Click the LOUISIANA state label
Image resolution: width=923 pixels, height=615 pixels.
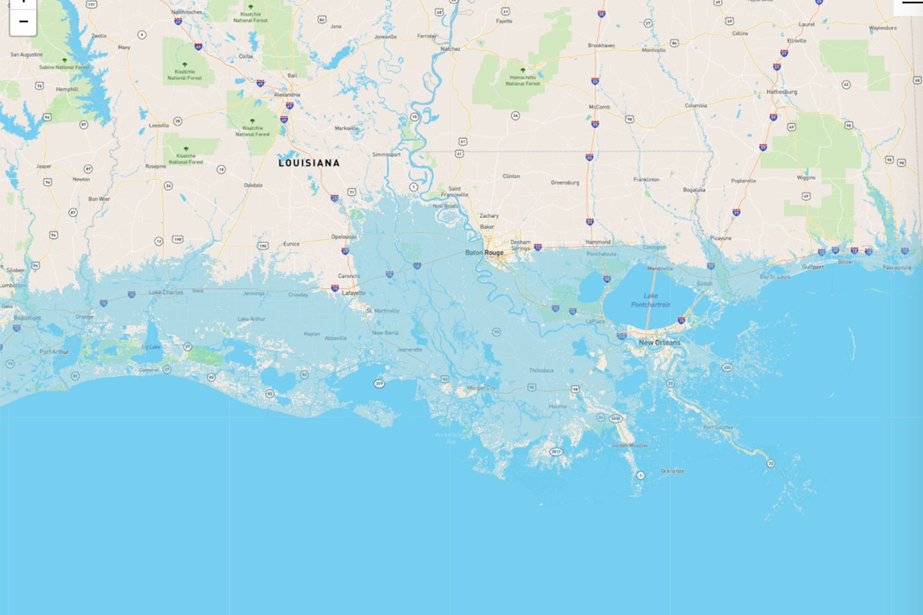tap(309, 163)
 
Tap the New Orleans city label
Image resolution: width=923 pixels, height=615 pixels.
tap(659, 343)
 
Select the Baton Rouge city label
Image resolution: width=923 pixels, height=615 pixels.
tap(485, 252)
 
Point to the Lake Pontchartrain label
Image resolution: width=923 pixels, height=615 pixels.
tap(651, 300)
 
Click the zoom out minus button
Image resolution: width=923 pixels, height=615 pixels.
tap(23, 22)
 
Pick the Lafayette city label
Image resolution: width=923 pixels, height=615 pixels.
tap(354, 293)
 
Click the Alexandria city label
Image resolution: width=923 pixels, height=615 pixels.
tap(287, 95)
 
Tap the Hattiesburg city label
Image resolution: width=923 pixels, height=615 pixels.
tap(781, 92)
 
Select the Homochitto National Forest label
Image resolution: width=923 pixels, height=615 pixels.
tap(522, 80)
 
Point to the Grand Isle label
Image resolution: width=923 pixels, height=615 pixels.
tap(672, 471)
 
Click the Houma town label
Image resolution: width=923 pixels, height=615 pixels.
tap(557, 406)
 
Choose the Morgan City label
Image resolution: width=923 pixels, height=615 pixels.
tap(481, 388)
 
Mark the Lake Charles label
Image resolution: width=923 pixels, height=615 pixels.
tap(166, 292)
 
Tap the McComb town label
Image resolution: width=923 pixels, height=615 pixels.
tap(599, 107)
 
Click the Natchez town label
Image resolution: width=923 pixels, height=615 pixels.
tap(450, 49)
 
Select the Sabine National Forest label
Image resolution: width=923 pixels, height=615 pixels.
tap(64, 67)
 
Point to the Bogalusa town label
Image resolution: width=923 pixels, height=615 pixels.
tap(694, 190)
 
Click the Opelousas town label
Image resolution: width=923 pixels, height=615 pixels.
tap(344, 236)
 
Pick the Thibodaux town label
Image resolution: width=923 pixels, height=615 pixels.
tap(542, 370)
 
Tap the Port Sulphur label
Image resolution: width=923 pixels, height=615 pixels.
tap(718, 427)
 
